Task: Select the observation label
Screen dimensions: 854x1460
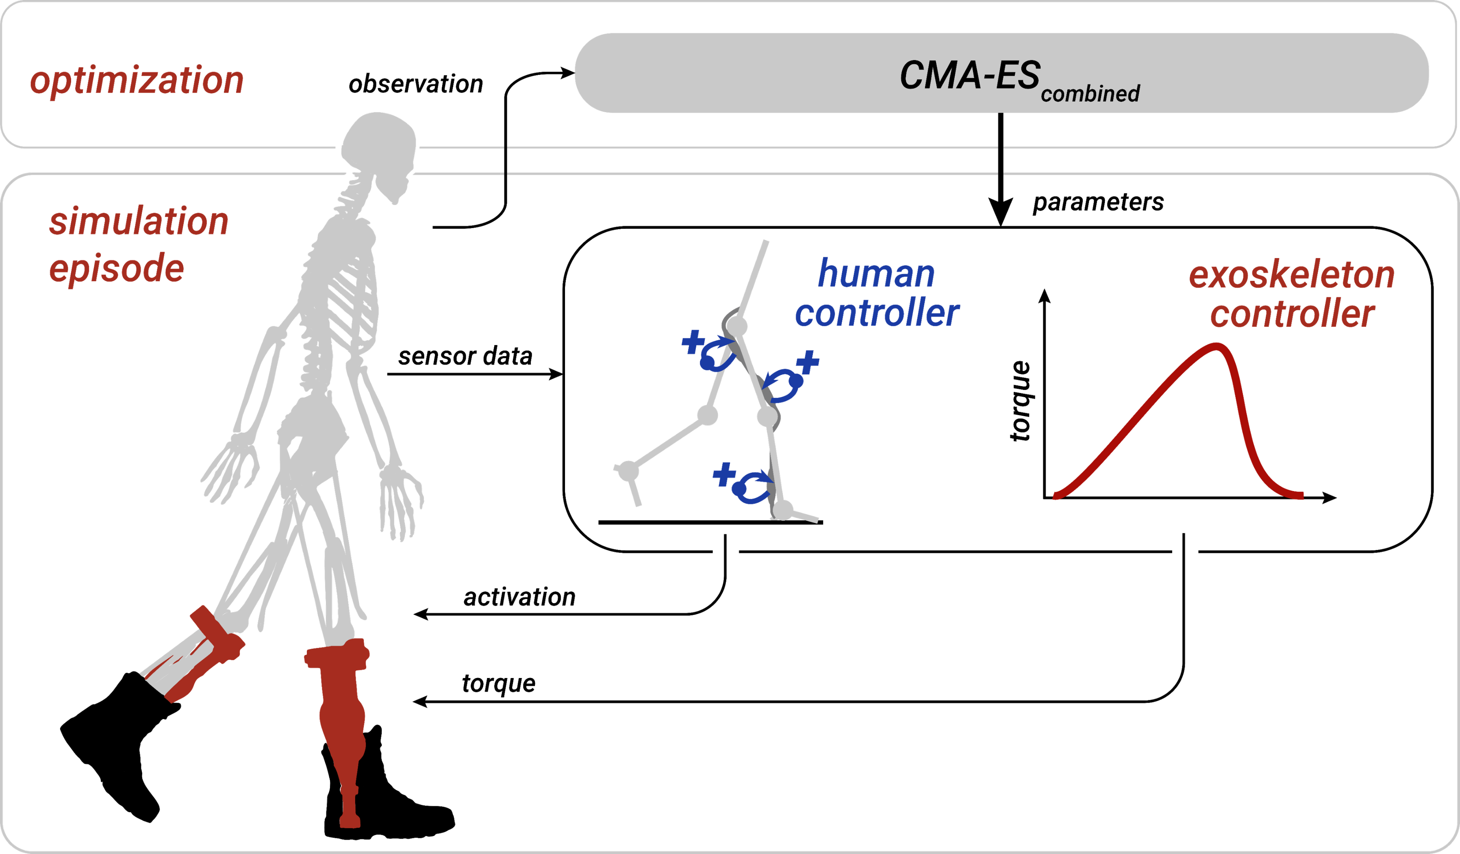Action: [x=415, y=85]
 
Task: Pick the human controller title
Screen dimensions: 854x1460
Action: [x=877, y=293]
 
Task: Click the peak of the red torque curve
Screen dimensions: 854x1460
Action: [x=1216, y=346]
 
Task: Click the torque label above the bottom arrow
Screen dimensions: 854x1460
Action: [x=498, y=684]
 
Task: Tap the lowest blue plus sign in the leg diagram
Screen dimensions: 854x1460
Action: [x=723, y=474]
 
